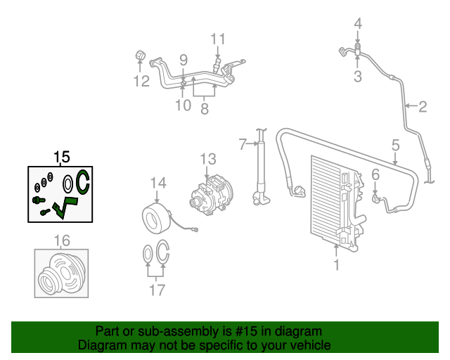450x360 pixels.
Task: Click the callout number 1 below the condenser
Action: [336, 265]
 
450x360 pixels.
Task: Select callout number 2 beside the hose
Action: [423, 108]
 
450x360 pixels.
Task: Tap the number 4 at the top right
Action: [358, 24]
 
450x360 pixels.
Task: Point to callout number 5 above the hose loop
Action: [396, 145]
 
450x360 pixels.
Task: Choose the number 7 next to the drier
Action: [242, 145]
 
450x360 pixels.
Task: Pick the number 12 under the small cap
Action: [141, 82]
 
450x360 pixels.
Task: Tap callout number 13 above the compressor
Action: [207, 159]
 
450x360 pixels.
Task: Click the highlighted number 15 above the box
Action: [61, 156]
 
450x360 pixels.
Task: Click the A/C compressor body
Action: [210, 196]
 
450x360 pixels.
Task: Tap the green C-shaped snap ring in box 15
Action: [82, 182]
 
